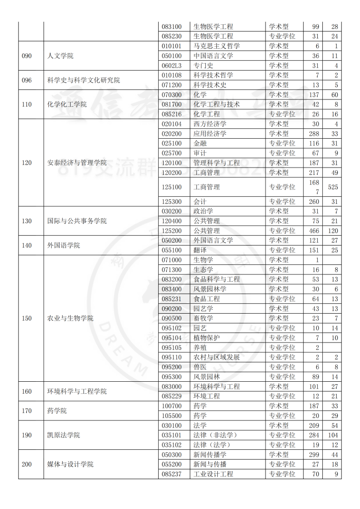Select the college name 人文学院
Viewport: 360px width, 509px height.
(x=60, y=56)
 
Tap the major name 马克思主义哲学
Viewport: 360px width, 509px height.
(x=217, y=46)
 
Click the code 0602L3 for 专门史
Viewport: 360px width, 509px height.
(x=172, y=66)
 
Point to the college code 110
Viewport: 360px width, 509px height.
(x=27, y=104)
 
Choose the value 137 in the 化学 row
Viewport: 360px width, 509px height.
(x=314, y=94)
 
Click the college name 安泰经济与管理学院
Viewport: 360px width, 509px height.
(x=77, y=163)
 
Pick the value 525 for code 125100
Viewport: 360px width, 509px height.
(x=333, y=187)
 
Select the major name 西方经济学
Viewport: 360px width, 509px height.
(x=210, y=124)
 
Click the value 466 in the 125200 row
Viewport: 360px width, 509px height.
(x=314, y=231)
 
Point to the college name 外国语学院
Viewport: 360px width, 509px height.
(x=64, y=246)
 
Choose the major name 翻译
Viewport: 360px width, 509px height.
(x=200, y=250)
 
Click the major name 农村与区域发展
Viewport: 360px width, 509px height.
(x=217, y=357)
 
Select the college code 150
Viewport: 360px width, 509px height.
(x=27, y=318)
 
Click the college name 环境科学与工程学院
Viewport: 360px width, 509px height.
(x=77, y=391)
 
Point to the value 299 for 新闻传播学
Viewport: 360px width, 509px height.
(x=314, y=454)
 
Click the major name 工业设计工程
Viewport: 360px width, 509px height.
(x=213, y=474)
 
